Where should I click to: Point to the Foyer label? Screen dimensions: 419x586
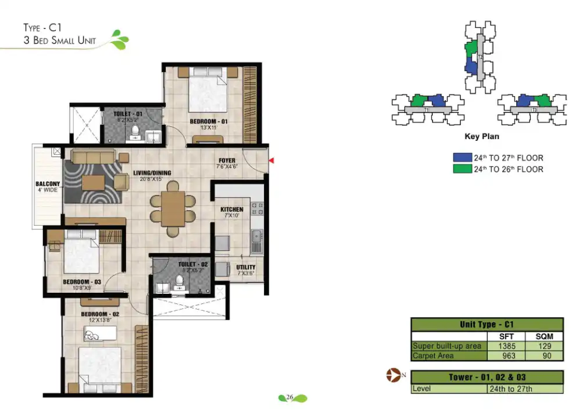227,161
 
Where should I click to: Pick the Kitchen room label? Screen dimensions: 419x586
231,210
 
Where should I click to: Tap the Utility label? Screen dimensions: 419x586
246,268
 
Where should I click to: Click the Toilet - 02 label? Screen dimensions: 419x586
193,264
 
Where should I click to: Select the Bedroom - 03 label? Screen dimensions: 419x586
82,282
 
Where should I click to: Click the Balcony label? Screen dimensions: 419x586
48,184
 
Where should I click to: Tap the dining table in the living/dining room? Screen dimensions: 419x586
173,208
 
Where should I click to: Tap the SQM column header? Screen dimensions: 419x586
544,336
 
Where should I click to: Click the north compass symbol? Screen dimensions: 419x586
394,376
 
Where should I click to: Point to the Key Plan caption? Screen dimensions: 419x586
482,137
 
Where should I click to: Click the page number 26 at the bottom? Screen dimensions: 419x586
288,398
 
